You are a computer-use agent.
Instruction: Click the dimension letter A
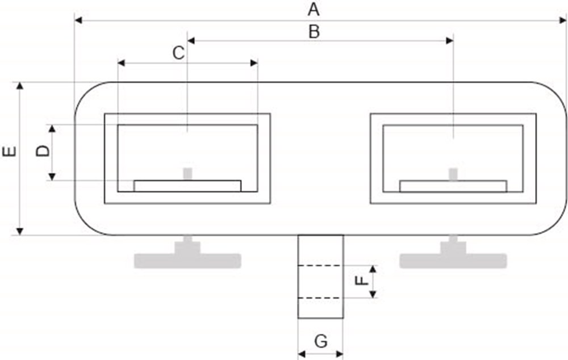coord(314,10)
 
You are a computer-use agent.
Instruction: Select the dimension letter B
coord(314,32)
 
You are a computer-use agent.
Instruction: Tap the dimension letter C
coord(178,53)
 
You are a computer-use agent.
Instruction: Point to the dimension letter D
coord(43,150)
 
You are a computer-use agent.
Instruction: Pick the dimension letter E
coord(10,152)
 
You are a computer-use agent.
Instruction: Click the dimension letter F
coord(361,281)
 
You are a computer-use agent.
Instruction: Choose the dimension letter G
coord(321,341)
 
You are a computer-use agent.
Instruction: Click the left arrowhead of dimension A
coord(78,20)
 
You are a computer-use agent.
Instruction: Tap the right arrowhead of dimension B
coord(449,40)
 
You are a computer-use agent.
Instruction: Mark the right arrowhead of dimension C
coord(254,63)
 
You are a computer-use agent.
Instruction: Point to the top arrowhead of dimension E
coord(20,86)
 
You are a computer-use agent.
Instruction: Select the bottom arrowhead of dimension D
coord(52,177)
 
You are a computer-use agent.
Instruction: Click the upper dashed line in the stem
coord(319,266)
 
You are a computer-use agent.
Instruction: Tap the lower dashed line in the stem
coord(319,298)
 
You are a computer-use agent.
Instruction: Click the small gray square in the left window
coord(187,174)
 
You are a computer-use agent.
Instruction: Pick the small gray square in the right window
coord(453,174)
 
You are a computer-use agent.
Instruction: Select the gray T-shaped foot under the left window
coord(187,257)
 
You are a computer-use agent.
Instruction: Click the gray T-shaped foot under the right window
coord(453,257)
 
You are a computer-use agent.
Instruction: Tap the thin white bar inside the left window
coord(187,186)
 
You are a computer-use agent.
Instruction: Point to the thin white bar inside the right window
coord(453,186)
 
